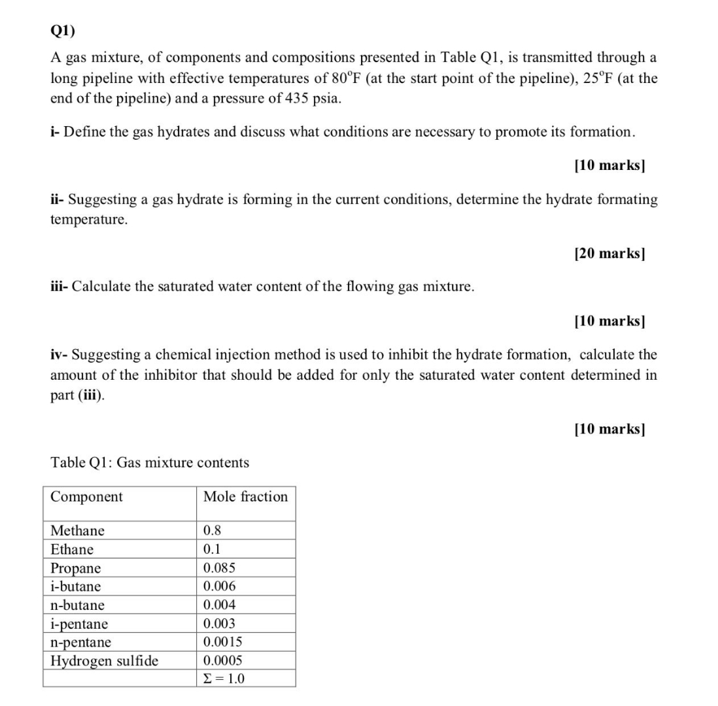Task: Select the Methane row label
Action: tap(77, 530)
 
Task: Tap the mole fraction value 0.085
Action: tap(219, 567)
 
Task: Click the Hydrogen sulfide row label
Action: tap(104, 660)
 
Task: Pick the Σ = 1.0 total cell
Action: tap(224, 679)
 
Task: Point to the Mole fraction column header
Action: tap(245, 497)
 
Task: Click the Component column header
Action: tap(86, 497)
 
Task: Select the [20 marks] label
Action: tap(609, 253)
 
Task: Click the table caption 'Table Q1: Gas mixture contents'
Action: tap(150, 463)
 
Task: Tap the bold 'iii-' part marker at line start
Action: tap(60, 286)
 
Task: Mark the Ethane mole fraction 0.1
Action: tap(212, 549)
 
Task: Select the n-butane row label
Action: tap(77, 605)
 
